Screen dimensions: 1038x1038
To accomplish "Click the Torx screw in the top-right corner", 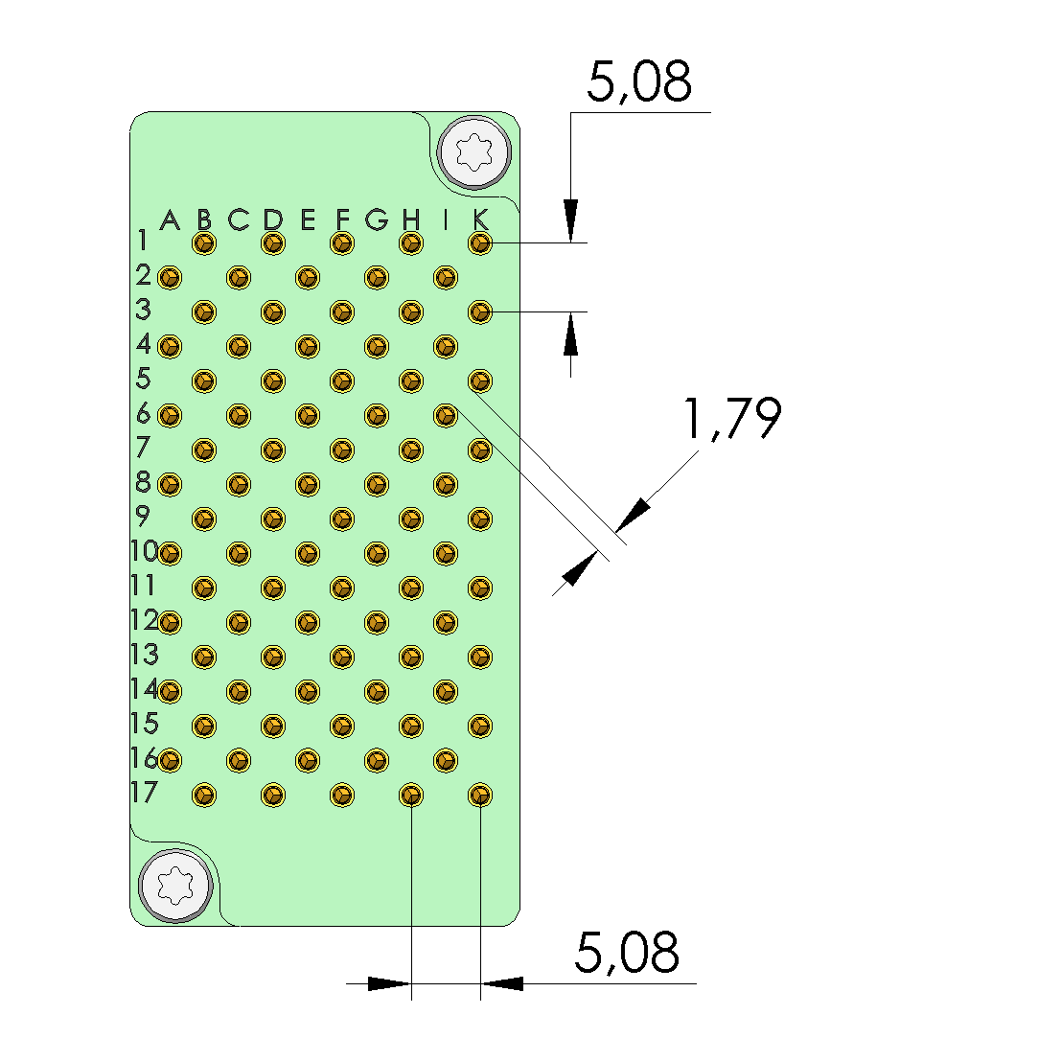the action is pos(474,152).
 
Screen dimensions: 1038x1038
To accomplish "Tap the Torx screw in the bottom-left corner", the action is pos(175,885).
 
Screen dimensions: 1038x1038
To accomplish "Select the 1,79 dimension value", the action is pos(732,419).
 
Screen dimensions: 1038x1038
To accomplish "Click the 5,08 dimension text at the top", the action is pos(639,82).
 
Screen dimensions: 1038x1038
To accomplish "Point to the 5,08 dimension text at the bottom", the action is pos(627,952).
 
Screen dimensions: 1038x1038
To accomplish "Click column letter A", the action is pos(171,219).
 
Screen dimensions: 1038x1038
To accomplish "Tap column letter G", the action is pos(377,219).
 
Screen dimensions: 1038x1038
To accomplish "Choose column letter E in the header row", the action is pos(308,219).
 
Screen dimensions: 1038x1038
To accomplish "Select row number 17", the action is pos(145,792).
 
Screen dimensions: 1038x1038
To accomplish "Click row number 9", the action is pos(142,516).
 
